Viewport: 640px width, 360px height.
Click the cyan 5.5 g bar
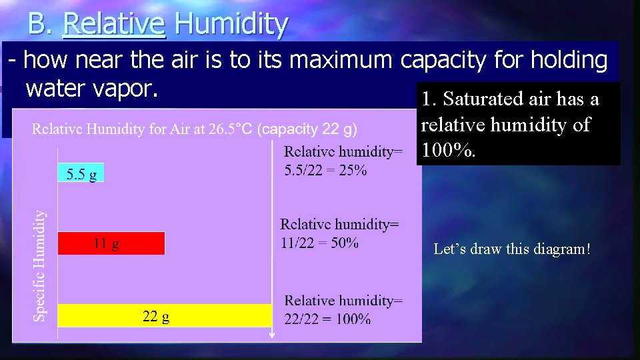coord(81,173)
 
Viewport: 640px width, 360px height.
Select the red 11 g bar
coord(111,243)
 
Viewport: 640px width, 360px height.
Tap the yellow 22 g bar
coord(164,315)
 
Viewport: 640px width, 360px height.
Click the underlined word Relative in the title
coord(113,24)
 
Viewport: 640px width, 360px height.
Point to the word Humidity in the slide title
coord(231,24)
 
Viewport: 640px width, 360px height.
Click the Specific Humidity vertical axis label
coord(40,265)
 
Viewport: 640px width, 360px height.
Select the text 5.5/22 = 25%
coord(325,170)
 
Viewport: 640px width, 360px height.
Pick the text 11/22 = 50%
coord(319,243)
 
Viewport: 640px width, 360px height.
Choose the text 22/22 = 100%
coord(327,319)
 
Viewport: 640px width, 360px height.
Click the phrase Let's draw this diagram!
coord(512,249)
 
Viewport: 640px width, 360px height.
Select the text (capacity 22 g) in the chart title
coord(307,129)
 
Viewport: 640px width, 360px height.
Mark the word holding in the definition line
coord(569,61)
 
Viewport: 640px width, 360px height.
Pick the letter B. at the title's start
coord(39,24)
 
